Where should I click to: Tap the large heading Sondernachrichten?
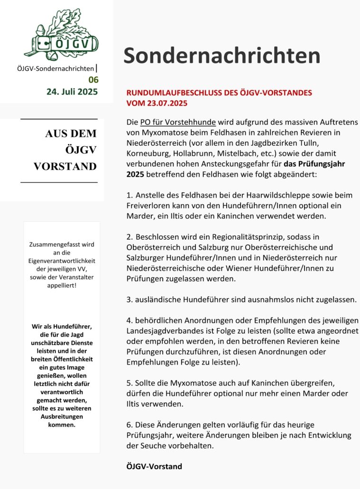(222, 56)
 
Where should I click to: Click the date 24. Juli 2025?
(72, 91)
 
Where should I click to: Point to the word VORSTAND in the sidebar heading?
(65, 166)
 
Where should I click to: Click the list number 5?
(129, 383)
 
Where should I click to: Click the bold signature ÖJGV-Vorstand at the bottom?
(154, 467)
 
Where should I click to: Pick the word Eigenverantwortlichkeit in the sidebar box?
(62, 261)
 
